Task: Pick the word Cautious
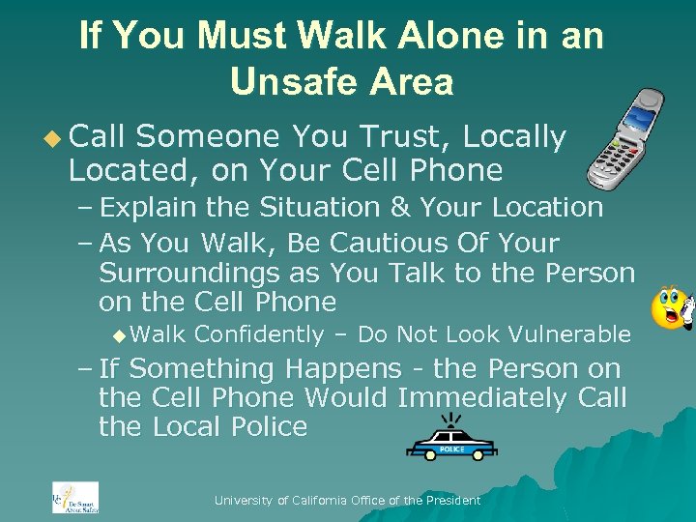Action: (349, 243)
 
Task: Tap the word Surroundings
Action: (194, 273)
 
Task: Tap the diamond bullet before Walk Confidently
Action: (118, 335)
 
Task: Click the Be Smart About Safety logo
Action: (75, 497)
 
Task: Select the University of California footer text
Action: (347, 500)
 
